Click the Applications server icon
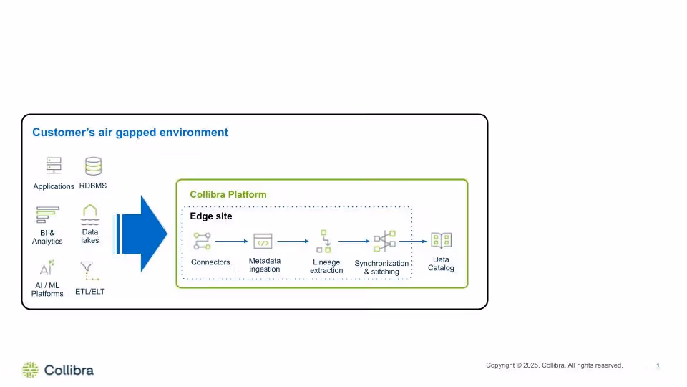click(54, 166)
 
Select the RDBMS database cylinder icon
click(93, 166)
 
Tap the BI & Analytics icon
click(47, 215)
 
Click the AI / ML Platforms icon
click(47, 268)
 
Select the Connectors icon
click(203, 242)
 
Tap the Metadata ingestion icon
click(263, 242)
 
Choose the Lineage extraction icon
click(325, 242)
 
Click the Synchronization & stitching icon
click(384, 242)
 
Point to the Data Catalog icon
click(441, 241)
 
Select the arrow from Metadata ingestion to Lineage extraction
click(292, 242)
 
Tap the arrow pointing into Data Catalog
click(413, 242)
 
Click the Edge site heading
click(210, 216)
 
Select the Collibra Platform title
click(228, 194)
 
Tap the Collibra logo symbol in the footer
click(30, 370)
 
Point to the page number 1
click(658, 366)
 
